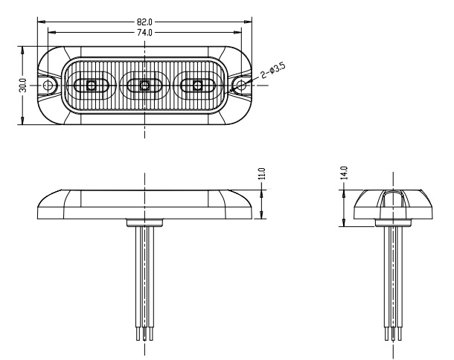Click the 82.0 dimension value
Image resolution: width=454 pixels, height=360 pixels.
(144, 22)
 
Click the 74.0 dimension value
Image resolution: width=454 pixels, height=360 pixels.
(144, 33)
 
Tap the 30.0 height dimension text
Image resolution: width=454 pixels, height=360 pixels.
(23, 86)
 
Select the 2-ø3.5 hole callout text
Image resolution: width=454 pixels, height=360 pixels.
(273, 71)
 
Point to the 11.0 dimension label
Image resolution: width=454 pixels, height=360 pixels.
(261, 173)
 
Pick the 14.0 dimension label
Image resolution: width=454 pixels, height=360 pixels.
(344, 173)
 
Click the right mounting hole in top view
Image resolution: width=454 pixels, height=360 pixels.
(241, 86)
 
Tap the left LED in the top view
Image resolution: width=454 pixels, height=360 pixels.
(92, 86)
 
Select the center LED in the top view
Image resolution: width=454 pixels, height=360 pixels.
(144, 86)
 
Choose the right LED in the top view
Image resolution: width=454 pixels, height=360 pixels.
(197, 86)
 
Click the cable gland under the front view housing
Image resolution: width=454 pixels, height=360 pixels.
(145, 222)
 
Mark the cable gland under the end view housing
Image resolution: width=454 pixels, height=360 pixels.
(393, 222)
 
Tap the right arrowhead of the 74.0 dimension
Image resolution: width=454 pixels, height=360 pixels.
(237, 33)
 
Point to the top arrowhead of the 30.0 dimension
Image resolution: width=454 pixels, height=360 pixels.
(22, 50)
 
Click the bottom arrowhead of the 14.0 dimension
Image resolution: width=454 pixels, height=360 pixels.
(344, 222)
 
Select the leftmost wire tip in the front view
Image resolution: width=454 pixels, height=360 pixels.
(138, 334)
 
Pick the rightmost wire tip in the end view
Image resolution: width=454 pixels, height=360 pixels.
(400, 334)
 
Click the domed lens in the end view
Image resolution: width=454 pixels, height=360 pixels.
(393, 205)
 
